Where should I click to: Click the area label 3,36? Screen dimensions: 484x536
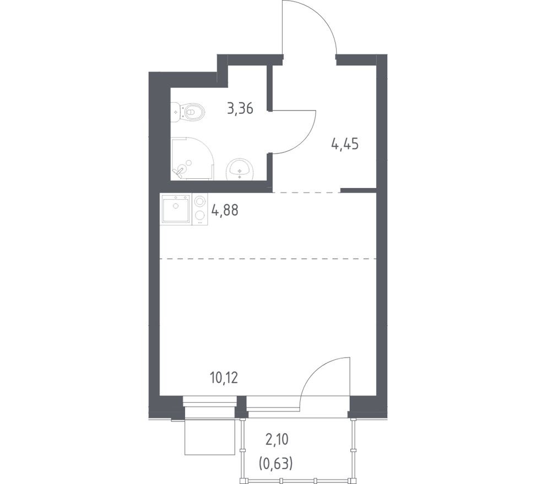tap(240, 109)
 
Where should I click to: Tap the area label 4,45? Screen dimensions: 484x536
tap(345, 145)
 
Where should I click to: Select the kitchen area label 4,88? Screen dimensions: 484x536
tap(225, 210)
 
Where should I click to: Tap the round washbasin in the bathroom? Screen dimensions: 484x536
tap(240, 169)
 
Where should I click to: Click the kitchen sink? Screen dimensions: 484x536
tap(176, 208)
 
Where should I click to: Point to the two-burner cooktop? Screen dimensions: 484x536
tap(199, 209)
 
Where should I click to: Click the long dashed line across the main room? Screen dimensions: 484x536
tap(268, 258)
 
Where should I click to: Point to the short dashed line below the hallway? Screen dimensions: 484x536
tap(306, 193)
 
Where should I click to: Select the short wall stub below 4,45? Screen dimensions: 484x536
tap(358, 190)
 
